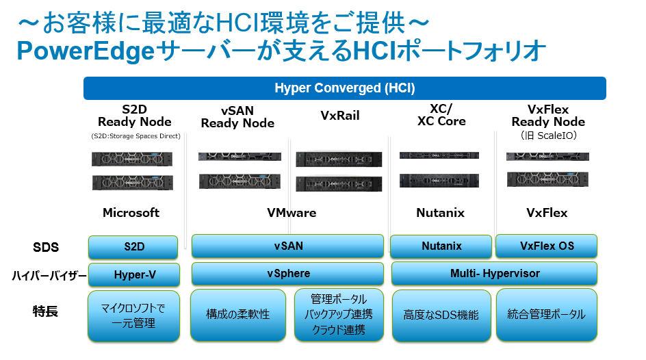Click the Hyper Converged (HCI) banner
tap(344, 88)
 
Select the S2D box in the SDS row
tap(133, 246)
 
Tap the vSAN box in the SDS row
tap(287, 246)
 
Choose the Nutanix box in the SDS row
tap(441, 246)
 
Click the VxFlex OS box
tap(546, 246)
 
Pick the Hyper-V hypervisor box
tap(133, 274)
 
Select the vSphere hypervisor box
tap(287, 274)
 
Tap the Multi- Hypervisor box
tap(494, 274)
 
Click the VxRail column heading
tap(339, 116)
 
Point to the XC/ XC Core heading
tap(441, 115)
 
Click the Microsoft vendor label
tap(131, 213)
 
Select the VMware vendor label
tap(292, 213)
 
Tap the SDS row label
tap(46, 246)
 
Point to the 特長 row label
tap(45, 311)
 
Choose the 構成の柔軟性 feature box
tap(237, 315)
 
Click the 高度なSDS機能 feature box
tap(441, 315)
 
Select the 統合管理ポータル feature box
tap(546, 315)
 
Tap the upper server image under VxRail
tap(338, 159)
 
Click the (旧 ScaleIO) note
tap(547, 136)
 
